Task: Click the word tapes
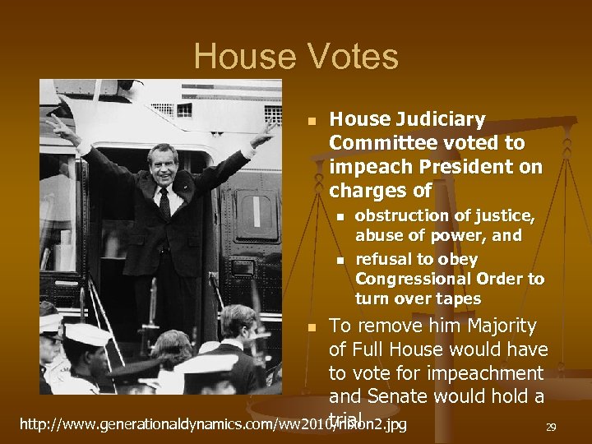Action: (460, 298)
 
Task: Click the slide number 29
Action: (551, 427)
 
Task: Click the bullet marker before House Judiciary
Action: (311, 121)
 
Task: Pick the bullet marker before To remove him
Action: (311, 328)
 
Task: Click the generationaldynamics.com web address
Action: (213, 425)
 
